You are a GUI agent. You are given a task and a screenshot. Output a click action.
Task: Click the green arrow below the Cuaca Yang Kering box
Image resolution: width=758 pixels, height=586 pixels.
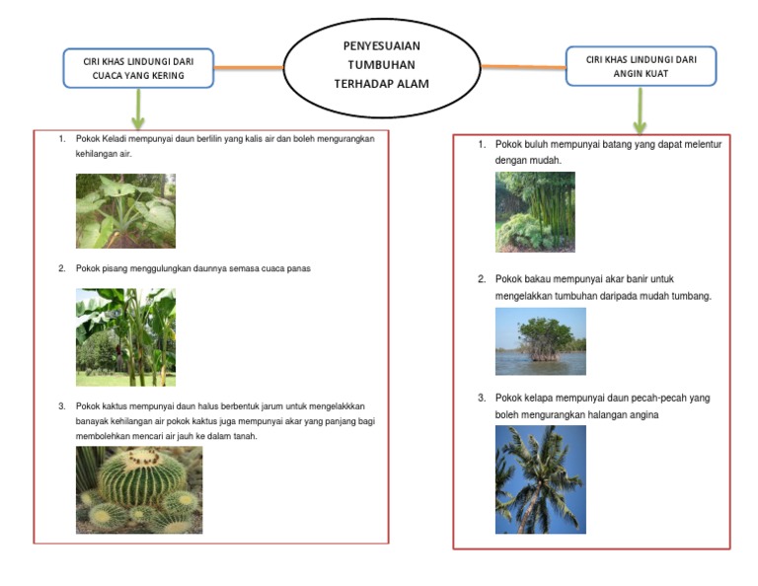[x=138, y=109]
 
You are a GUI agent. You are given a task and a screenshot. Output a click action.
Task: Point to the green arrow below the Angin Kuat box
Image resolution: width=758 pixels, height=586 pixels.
[x=640, y=110]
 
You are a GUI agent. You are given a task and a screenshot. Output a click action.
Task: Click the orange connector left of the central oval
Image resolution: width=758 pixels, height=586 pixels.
[x=249, y=68]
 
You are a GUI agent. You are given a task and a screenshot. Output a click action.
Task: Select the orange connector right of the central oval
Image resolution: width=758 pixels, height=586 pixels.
[x=523, y=67]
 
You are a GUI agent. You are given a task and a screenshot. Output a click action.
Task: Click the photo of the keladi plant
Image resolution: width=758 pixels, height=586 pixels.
[x=125, y=211]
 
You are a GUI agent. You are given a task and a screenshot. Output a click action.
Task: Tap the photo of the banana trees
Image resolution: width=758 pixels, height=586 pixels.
[x=125, y=337]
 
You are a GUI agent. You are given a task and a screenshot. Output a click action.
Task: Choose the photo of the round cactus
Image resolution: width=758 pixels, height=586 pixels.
[x=139, y=490]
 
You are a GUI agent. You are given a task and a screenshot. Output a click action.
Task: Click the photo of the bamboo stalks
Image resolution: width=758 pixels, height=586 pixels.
[x=535, y=212]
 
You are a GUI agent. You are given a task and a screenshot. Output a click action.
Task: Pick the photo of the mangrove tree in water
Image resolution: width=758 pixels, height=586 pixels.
[x=541, y=341]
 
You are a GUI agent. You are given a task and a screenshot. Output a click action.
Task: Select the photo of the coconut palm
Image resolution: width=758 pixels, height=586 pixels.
[x=541, y=479]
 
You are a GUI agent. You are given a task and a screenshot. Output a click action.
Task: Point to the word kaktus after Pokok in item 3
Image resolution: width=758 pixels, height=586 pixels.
[x=114, y=406]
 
